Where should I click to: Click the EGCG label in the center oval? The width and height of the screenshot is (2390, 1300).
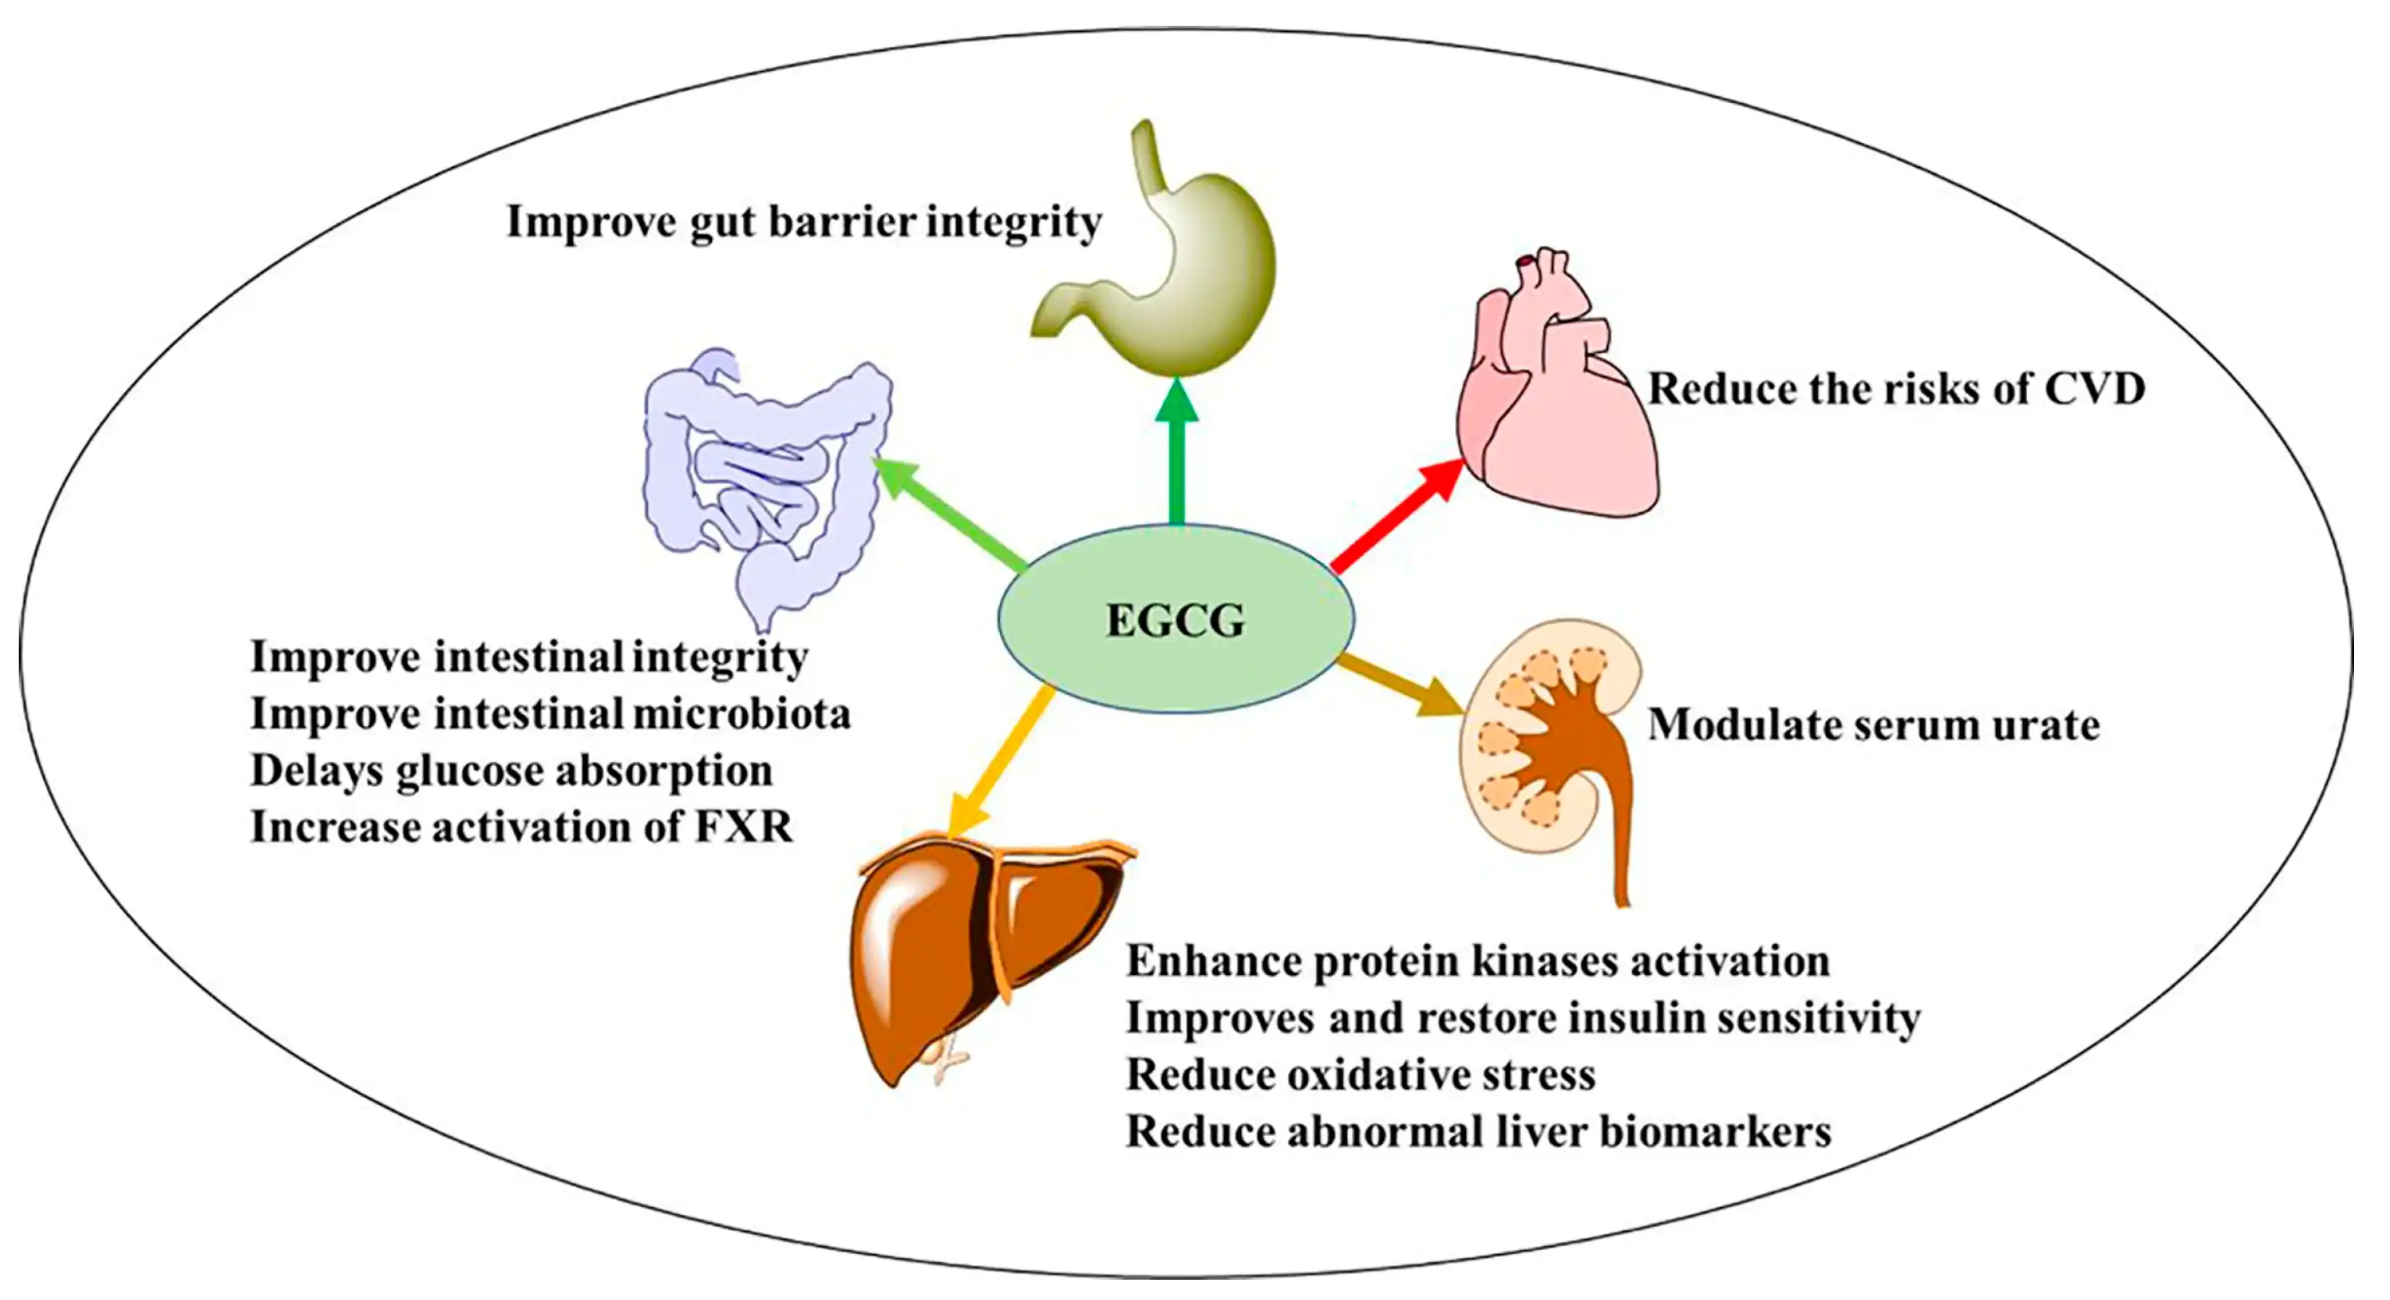[1175, 621]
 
